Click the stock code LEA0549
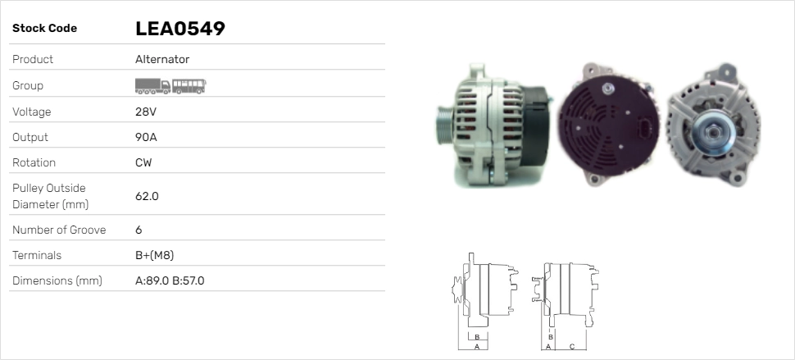click(180, 29)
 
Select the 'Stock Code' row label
click(44, 29)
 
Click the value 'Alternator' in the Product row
click(162, 59)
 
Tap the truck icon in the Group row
click(152, 86)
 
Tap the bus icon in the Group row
click(189, 86)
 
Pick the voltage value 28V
click(145, 112)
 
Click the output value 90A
click(146, 137)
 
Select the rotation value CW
click(143, 162)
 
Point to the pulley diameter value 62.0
click(147, 196)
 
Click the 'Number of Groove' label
click(59, 230)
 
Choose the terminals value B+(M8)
click(154, 255)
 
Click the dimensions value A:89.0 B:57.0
click(170, 280)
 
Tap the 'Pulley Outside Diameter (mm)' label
click(49, 196)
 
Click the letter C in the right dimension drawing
click(571, 346)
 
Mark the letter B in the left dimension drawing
click(476, 336)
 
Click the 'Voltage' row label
click(31, 112)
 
